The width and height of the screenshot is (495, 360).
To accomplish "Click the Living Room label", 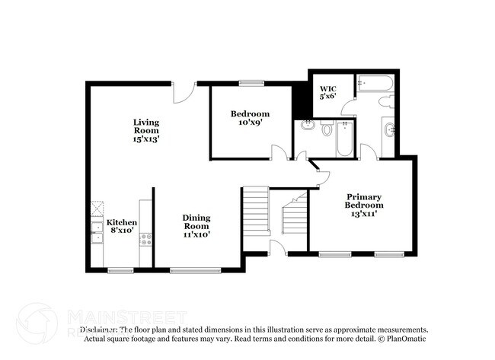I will [146, 130].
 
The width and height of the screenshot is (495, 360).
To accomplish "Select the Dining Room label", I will [196, 226].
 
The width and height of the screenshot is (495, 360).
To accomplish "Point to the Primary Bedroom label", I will [363, 205].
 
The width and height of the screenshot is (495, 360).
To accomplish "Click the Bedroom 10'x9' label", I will [251, 118].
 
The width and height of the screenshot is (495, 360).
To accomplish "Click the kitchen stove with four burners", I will [145, 238].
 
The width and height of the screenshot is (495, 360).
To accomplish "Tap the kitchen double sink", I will [97, 232].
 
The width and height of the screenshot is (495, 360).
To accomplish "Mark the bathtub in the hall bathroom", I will [344, 138].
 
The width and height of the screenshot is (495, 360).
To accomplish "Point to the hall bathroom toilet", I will [327, 129].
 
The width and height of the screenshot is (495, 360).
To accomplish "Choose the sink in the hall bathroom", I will [308, 125].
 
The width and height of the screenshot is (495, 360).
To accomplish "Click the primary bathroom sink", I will [390, 129].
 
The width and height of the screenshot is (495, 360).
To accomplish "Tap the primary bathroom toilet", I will [385, 100].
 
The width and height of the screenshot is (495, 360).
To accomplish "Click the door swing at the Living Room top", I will [183, 93].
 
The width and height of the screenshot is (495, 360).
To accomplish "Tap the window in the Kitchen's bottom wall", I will [120, 269].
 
